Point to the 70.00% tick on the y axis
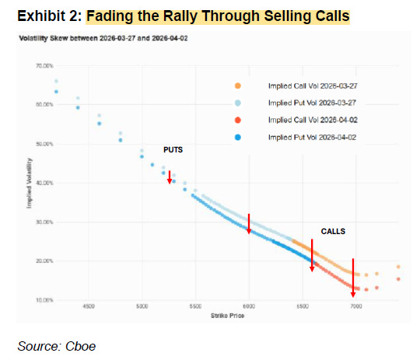44,67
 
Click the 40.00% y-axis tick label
44,183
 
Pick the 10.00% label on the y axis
44,300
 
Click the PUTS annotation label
172,149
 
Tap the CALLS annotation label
333,232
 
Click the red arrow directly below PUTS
170,177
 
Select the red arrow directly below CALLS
312,256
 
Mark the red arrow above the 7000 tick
353,278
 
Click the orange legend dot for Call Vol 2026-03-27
237,86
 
